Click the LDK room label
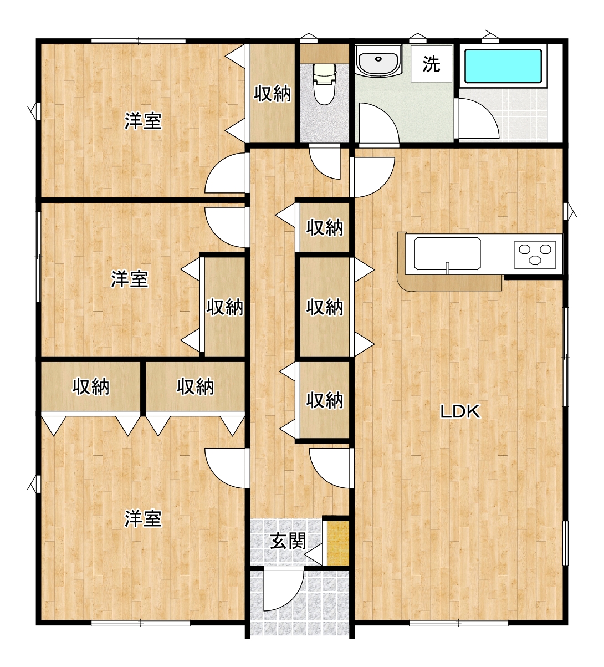tap(460, 412)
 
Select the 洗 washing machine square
tap(431, 64)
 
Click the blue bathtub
tap(503, 66)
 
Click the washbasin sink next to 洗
tap(378, 62)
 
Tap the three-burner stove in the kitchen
tap(535, 254)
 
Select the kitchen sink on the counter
tap(447, 253)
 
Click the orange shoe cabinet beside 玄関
tap(338, 543)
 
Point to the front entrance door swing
tap(284, 591)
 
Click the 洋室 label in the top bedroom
tap(144, 121)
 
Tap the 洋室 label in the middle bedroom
tap(130, 279)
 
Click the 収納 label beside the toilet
tap(273, 94)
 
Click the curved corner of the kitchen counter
tap(402, 280)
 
